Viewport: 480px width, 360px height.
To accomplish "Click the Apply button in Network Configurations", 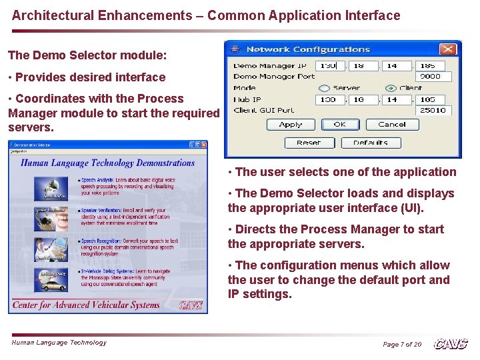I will tap(291, 125).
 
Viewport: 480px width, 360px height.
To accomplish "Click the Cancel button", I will tap(391, 125).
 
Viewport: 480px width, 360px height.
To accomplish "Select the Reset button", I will tap(309, 143).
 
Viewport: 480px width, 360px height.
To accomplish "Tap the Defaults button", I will tap(370, 143).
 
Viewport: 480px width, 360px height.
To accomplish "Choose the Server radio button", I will tap(324, 88).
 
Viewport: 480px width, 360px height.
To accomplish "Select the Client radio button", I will tap(389, 88).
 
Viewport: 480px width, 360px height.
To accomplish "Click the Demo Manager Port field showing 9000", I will tap(430, 77).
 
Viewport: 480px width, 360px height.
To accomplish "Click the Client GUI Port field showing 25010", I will tap(433, 111).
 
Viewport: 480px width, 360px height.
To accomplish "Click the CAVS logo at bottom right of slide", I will tap(451, 344).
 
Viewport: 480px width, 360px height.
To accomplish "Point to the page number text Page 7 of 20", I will tap(402, 345).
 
